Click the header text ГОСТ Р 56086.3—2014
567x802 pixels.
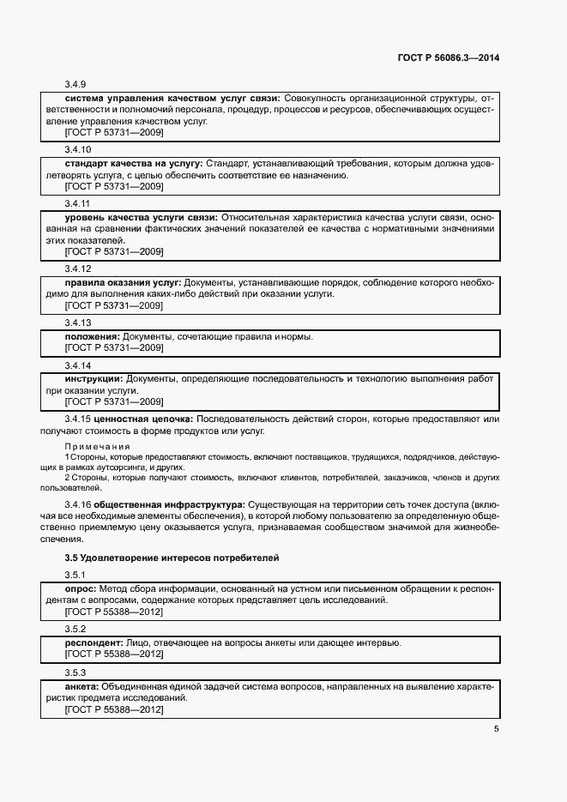[x=449, y=58]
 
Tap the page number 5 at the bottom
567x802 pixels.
[x=496, y=729]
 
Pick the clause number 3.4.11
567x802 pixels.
[x=77, y=204]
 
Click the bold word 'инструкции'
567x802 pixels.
[x=94, y=378]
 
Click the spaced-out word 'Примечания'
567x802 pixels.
[x=98, y=446]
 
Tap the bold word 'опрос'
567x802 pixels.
[x=81, y=589]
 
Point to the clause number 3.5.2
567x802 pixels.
[x=76, y=629]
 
